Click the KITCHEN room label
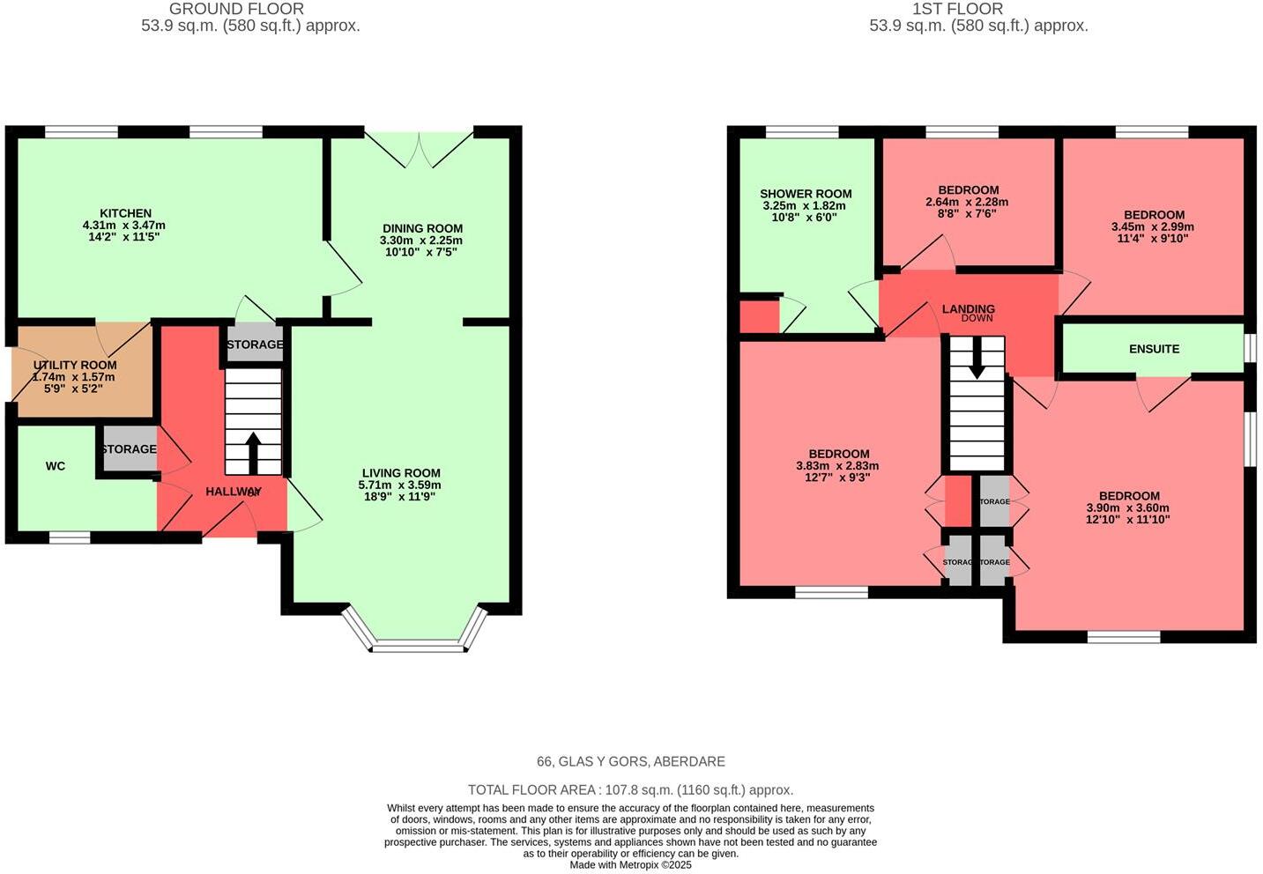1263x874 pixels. point(125,213)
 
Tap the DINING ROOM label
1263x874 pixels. point(422,228)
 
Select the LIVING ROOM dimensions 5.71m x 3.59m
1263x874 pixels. point(399,485)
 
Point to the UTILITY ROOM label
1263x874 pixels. point(75,365)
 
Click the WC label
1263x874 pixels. point(56,466)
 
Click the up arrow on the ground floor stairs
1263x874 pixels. point(252,452)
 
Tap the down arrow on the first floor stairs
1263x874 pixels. point(977,361)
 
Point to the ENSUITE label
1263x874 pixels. point(1154,349)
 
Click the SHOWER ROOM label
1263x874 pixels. point(806,194)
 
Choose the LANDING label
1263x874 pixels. point(968,308)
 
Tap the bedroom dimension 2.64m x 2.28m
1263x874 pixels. point(967,202)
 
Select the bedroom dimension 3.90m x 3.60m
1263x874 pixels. point(1128,507)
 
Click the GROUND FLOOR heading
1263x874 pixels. point(236,9)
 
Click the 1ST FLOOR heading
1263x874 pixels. point(957,9)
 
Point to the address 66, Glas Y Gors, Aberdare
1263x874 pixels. point(631,761)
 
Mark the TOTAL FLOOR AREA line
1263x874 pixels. point(630,790)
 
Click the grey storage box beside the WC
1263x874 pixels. point(129,449)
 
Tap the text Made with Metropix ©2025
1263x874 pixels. point(630,865)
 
